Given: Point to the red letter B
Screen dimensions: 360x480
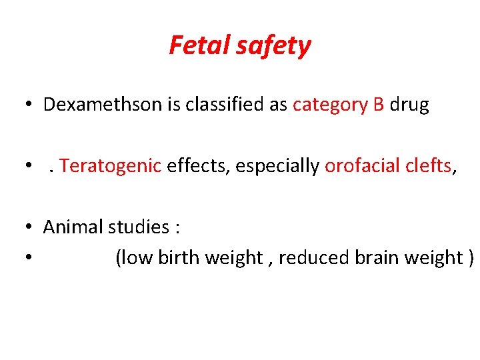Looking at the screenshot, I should click(379, 105).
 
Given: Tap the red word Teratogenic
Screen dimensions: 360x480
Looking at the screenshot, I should click(111, 166).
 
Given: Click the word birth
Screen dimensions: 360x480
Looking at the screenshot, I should click(178, 258).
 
